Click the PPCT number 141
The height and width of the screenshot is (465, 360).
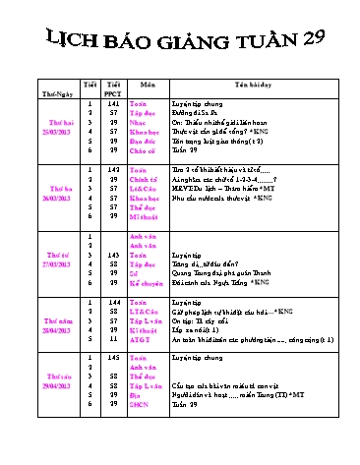click(x=113, y=101)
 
